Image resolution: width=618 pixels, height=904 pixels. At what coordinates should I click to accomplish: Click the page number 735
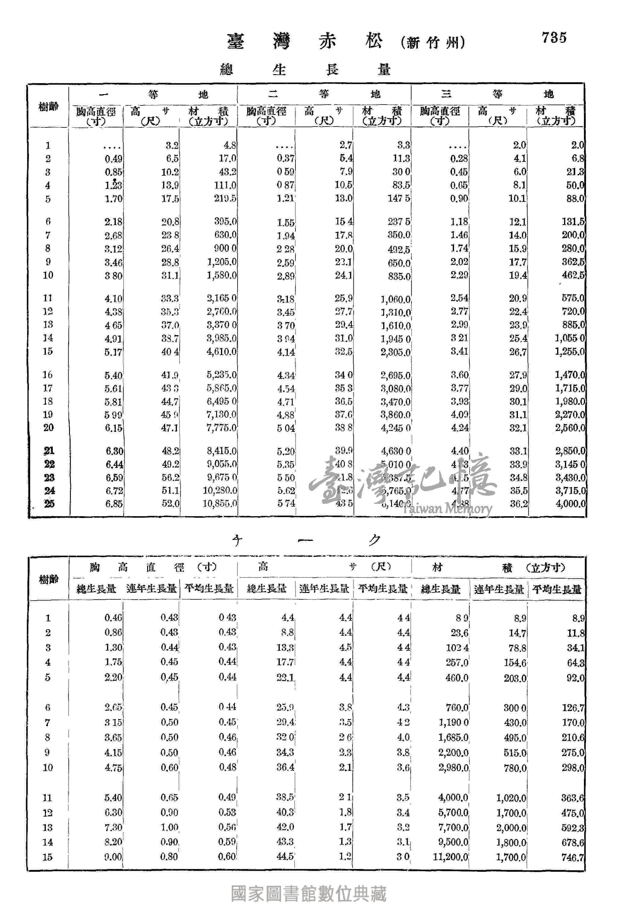pyautogui.click(x=554, y=38)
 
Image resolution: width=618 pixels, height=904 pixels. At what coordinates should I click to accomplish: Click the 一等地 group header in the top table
pyautogui.click(x=153, y=94)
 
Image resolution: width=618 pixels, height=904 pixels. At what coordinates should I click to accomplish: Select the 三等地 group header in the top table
pyautogui.click(x=497, y=94)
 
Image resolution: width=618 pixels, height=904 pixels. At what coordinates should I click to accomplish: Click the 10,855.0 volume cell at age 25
pyautogui.click(x=219, y=503)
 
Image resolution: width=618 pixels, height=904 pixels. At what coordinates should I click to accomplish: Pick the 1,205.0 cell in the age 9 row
pyautogui.click(x=222, y=262)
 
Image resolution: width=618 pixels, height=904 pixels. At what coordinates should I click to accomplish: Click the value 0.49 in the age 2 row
pyautogui.click(x=113, y=159)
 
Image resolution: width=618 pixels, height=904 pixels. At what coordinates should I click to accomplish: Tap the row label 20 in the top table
pyautogui.click(x=48, y=428)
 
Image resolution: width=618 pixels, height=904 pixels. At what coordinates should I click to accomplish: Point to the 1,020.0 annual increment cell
pyautogui.click(x=511, y=798)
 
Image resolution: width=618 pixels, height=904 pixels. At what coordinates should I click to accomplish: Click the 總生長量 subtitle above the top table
pyautogui.click(x=305, y=70)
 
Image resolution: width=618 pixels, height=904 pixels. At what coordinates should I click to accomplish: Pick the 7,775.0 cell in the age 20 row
pyautogui.click(x=222, y=428)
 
